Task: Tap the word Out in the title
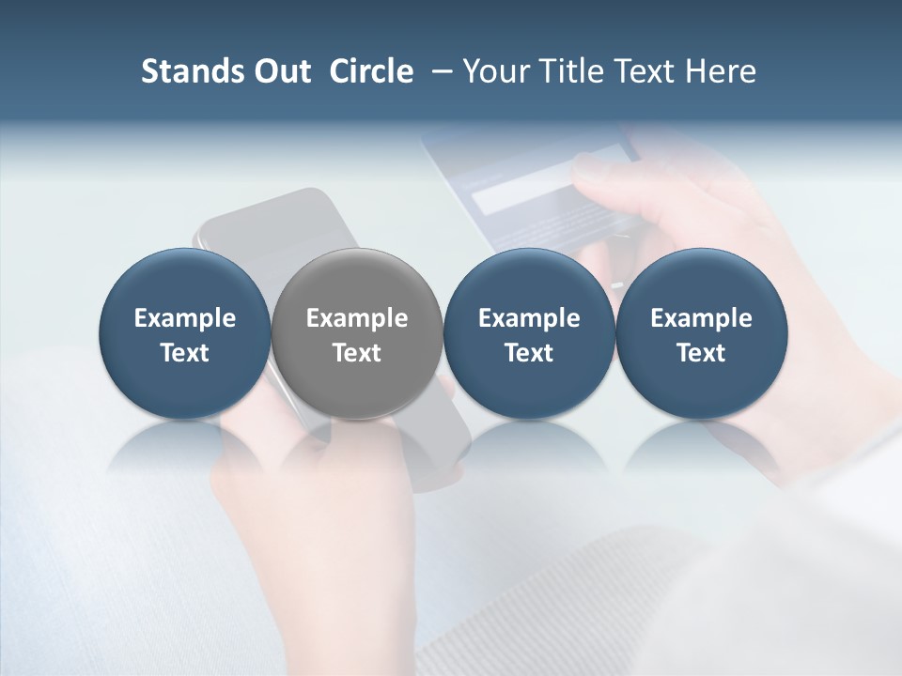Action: (x=280, y=71)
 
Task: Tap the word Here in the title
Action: (x=722, y=71)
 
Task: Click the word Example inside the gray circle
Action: (x=357, y=319)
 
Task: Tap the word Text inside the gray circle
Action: (x=357, y=353)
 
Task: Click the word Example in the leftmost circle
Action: (x=184, y=319)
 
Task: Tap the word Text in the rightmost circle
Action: (x=701, y=353)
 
